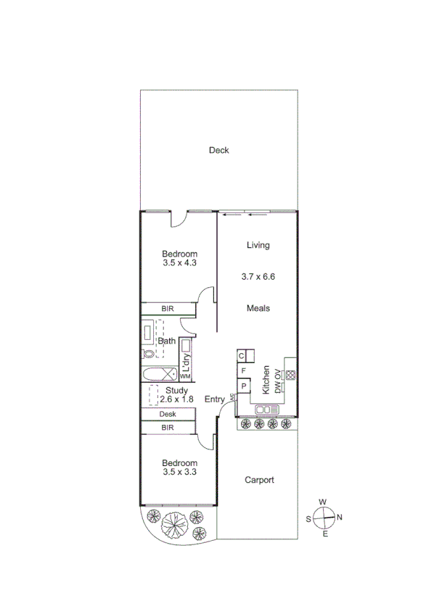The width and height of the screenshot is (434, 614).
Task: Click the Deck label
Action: (x=218, y=151)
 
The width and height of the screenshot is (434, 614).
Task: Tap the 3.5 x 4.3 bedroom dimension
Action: (x=179, y=264)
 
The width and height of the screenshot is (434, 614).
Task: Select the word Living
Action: (x=258, y=245)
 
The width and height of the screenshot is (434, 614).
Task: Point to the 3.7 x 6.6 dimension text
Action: (x=258, y=276)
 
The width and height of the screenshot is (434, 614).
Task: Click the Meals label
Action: (x=258, y=308)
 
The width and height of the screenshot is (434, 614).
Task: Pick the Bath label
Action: (x=167, y=341)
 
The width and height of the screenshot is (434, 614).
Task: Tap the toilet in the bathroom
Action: (x=149, y=354)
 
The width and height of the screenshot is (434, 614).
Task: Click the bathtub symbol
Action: (x=159, y=374)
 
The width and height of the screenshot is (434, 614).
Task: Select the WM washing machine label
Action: (x=185, y=377)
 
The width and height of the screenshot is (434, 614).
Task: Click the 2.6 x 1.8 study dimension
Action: (x=176, y=399)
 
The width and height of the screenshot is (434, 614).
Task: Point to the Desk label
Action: (x=168, y=415)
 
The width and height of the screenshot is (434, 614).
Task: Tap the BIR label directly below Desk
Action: (x=168, y=428)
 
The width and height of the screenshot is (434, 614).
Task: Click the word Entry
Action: (x=215, y=399)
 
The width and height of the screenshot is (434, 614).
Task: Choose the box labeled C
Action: (x=242, y=356)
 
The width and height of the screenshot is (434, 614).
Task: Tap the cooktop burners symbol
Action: (x=290, y=376)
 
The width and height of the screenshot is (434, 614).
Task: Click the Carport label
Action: (x=258, y=480)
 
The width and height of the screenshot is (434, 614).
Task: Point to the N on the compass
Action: (x=339, y=517)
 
